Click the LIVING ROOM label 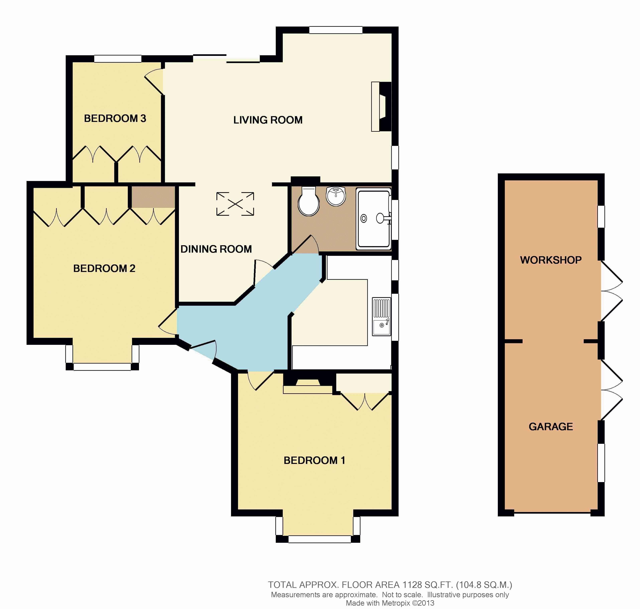click(x=268, y=120)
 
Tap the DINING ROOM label click(x=216, y=249)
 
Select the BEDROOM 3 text click(x=115, y=119)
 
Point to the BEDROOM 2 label click(x=104, y=268)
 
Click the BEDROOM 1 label click(x=314, y=460)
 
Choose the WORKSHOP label click(x=551, y=260)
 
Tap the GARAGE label click(x=551, y=427)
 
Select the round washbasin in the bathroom click(x=336, y=196)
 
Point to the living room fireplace click(x=381, y=107)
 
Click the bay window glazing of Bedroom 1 click(x=320, y=539)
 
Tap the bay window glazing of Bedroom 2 click(x=102, y=367)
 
